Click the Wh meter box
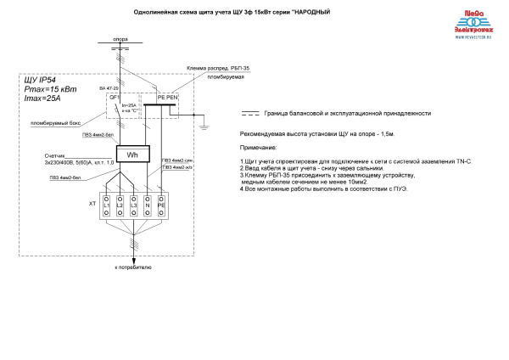131,155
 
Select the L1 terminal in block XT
107,205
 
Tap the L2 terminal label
120,205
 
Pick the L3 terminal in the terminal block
133,205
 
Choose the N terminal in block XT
147,205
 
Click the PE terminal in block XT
161,205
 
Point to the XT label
92,205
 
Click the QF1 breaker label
112,98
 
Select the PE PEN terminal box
167,98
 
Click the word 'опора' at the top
120,39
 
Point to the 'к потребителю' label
133,267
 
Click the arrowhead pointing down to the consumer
133,257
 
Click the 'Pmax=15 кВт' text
47,89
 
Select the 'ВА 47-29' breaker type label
109,88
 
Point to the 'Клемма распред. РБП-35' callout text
212,67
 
